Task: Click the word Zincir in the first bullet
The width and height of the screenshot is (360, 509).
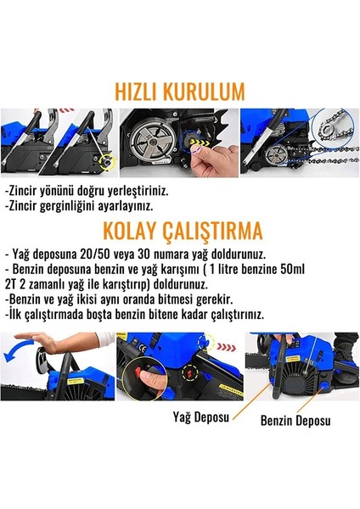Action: [x=27, y=192]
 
